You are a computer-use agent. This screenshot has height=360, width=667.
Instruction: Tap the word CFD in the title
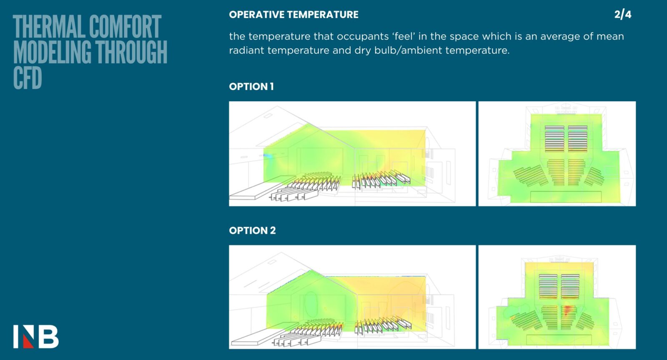[x=28, y=78]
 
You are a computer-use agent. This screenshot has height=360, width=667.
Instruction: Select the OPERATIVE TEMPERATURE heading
[x=293, y=15]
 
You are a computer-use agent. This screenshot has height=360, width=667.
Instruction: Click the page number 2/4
[x=623, y=15]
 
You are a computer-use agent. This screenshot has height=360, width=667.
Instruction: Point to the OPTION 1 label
[x=251, y=87]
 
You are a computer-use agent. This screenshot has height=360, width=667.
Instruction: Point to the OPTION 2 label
[x=252, y=230]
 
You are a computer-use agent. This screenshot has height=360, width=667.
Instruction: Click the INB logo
[x=36, y=337]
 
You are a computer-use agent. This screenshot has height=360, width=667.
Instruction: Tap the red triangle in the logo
[x=28, y=342]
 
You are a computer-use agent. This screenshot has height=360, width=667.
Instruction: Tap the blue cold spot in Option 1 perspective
[x=268, y=156]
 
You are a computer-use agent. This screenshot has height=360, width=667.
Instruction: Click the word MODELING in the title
[x=52, y=52]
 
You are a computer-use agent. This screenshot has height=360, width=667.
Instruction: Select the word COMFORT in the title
[x=125, y=27]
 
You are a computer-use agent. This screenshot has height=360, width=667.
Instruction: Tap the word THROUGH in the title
[x=131, y=52]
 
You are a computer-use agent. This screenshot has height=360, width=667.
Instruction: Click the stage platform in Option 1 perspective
[x=262, y=188]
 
